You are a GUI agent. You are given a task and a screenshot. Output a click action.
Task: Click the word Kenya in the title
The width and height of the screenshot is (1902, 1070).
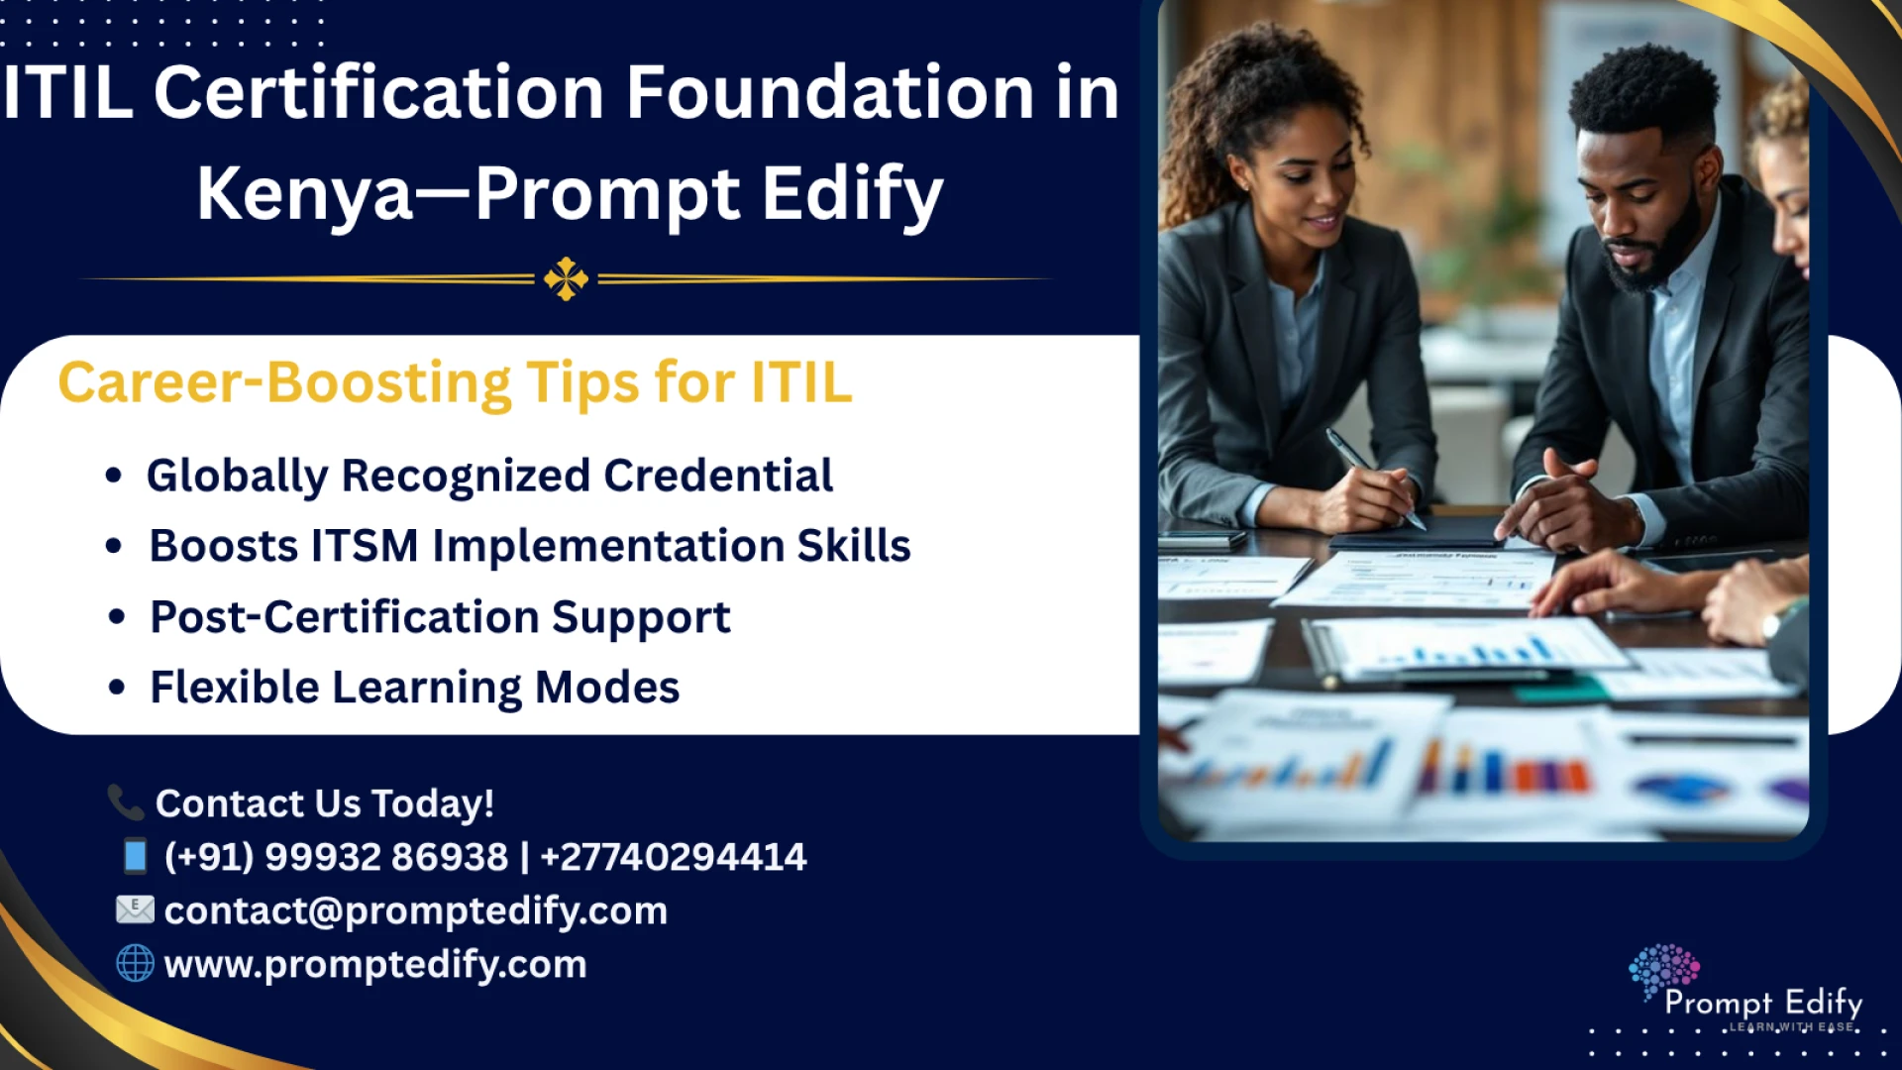coord(305,193)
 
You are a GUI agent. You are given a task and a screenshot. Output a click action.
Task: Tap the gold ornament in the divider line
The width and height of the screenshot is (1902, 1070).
coord(566,279)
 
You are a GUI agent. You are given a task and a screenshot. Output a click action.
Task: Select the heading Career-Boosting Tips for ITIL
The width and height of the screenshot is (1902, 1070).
coord(455,382)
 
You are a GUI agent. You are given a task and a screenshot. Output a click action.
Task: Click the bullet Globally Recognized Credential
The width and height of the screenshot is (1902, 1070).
coord(489,476)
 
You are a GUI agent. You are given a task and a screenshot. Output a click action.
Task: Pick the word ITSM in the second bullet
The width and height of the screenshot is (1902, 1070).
coord(365,546)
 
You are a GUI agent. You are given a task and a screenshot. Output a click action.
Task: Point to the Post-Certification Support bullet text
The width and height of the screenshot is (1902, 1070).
coord(440,617)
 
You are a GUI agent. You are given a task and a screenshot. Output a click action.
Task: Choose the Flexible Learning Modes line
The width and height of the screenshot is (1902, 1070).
coord(414,688)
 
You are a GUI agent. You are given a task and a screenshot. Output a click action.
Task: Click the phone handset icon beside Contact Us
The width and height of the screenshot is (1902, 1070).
coord(126,802)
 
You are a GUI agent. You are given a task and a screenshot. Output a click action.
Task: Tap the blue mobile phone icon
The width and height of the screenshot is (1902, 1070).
coord(135,856)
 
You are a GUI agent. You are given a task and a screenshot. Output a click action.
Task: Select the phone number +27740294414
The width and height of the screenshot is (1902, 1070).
coord(674,857)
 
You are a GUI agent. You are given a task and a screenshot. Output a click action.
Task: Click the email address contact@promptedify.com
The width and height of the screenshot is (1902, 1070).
coord(415,910)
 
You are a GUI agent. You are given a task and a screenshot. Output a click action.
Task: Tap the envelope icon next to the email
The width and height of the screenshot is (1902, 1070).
coord(135,909)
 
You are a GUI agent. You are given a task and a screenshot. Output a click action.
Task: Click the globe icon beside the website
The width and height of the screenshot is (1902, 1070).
coord(135,963)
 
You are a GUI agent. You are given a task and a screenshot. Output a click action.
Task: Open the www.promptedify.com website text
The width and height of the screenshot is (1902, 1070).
coord(375,964)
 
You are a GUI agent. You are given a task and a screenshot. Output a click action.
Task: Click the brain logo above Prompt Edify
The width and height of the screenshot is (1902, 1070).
coord(1663,969)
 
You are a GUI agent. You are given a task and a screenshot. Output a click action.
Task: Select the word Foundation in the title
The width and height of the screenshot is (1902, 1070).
coord(830,93)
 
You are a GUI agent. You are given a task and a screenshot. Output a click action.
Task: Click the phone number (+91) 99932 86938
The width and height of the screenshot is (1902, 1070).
coord(337,857)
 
